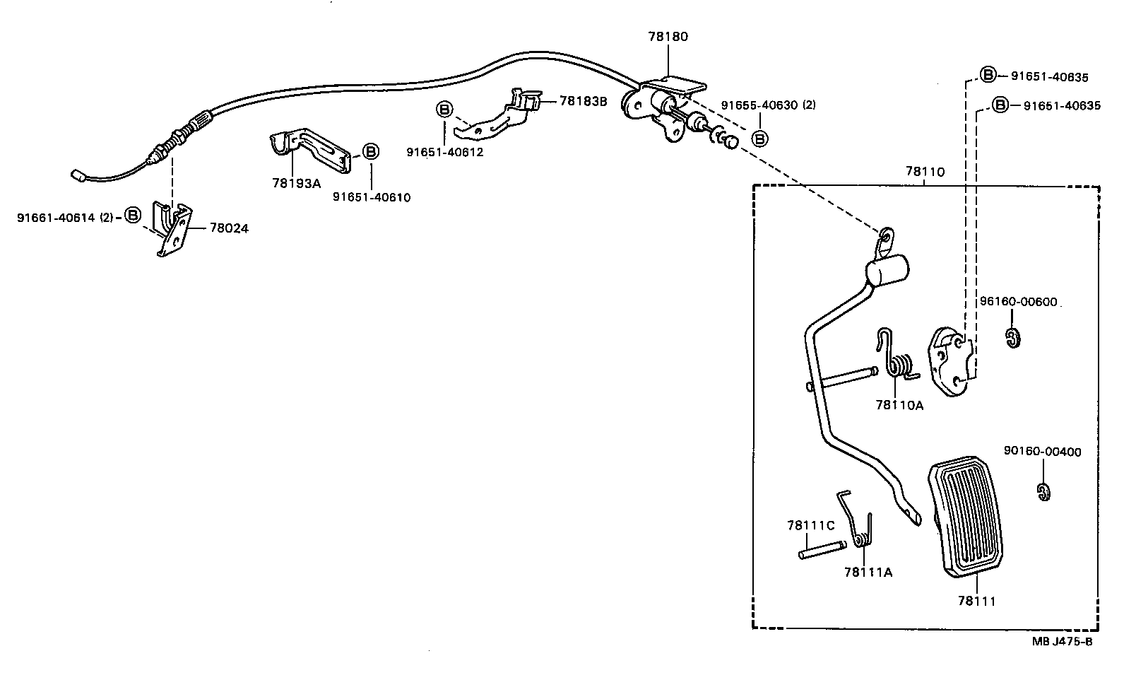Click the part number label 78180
click(668, 37)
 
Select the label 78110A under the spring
click(899, 405)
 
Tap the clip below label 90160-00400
click(1043, 492)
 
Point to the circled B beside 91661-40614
click(133, 216)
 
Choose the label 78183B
click(583, 101)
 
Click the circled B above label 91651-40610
click(371, 151)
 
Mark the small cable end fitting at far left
click(78, 175)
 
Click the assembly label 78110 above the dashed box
click(925, 172)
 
